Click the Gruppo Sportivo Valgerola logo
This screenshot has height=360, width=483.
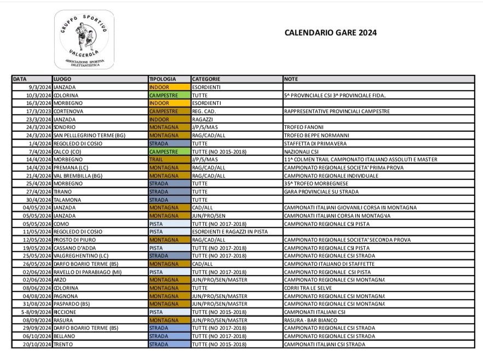pyautogui.click(x=84, y=39)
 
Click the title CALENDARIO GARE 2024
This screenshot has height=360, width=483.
pyautogui.click(x=330, y=33)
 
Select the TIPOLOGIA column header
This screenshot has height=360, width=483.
pyautogui.click(x=163, y=79)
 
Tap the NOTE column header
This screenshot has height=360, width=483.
pyautogui.click(x=291, y=79)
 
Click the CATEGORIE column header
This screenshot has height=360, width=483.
pyautogui.click(x=206, y=79)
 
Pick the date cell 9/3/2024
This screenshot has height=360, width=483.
pyautogui.click(x=39, y=87)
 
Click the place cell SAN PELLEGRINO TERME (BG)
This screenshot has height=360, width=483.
pyautogui.click(x=89, y=135)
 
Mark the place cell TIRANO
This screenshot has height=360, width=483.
pyautogui.click(x=64, y=191)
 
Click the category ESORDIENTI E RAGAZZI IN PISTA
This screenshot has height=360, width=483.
pyautogui.click(x=230, y=232)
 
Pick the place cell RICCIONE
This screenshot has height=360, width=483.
pyautogui.click(x=65, y=312)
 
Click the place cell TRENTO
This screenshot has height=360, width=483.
pyautogui.click(x=63, y=345)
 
